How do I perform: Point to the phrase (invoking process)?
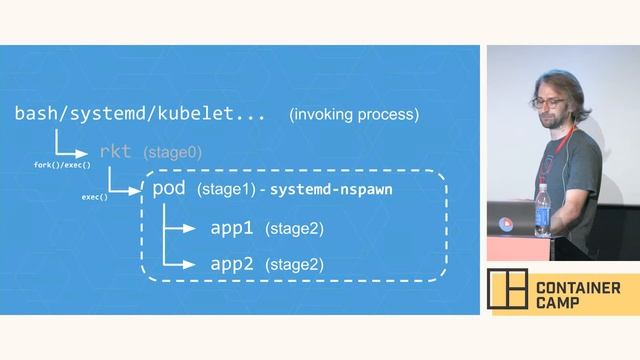pos(354,115)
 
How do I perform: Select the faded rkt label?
pos(116,151)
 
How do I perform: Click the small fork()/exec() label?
pos(61,163)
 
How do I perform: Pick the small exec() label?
pos(94,197)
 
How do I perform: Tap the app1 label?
pos(231,228)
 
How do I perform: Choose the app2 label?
pos(231,265)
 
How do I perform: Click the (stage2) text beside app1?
pos(294,229)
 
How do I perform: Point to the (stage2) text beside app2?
pos(294,266)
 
